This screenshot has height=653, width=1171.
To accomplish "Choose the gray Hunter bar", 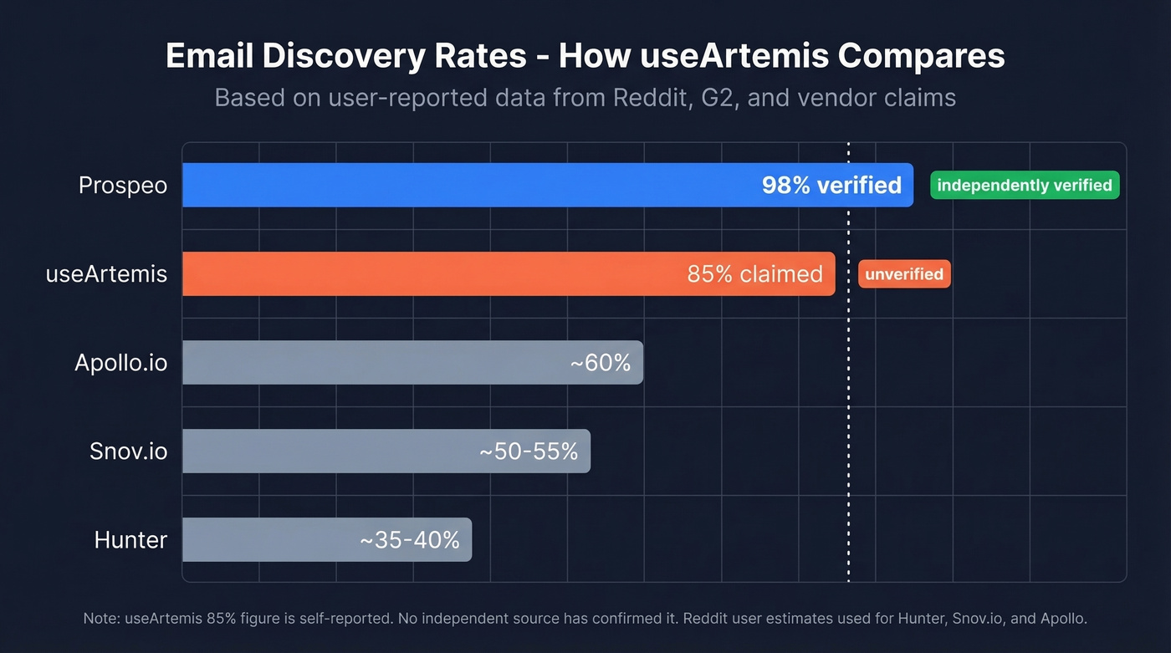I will [x=268, y=539].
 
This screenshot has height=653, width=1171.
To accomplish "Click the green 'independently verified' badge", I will [x=1025, y=185].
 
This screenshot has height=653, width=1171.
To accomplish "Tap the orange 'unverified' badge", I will [x=904, y=273].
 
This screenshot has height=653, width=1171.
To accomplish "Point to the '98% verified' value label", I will [x=831, y=185].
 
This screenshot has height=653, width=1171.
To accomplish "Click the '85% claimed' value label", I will [x=754, y=273].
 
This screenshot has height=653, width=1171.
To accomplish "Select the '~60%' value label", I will [x=600, y=362].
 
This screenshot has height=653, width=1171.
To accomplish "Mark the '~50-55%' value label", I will [x=529, y=451].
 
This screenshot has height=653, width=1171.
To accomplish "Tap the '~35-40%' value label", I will [x=409, y=539].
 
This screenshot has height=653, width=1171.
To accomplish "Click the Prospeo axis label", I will [x=123, y=185].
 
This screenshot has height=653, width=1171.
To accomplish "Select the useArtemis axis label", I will [x=106, y=273].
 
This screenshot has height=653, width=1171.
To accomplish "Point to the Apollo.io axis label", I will [x=120, y=362].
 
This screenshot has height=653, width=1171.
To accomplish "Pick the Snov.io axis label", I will [x=128, y=451].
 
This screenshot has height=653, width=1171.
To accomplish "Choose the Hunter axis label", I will [x=130, y=539].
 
